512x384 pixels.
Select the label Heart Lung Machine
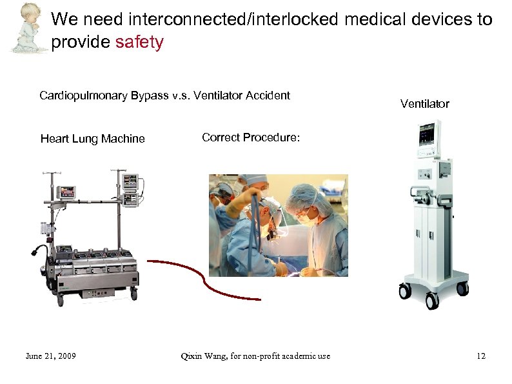tap(92, 139)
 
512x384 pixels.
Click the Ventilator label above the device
tap(424, 104)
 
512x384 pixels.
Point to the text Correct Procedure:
tap(251, 137)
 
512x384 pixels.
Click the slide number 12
tap(480, 356)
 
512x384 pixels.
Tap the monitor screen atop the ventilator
tap(428, 136)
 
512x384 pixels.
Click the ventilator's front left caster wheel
tap(404, 292)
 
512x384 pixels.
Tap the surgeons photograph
tap(278, 225)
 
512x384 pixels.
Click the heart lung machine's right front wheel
tap(133, 293)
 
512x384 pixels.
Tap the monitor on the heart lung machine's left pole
tap(66, 192)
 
